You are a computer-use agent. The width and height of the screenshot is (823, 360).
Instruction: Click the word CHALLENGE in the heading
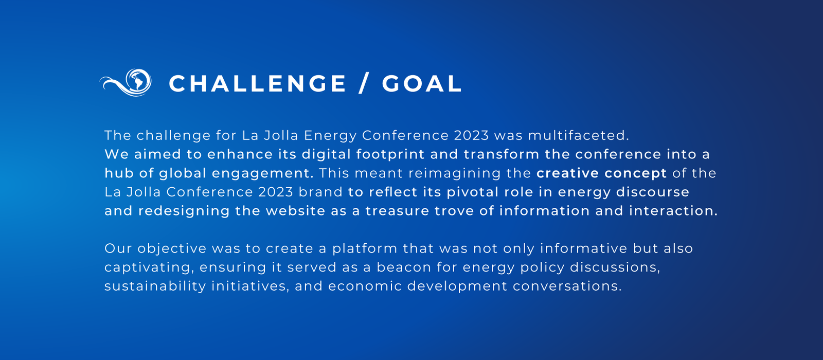click(257, 83)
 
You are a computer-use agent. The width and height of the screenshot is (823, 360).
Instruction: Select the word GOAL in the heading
click(422, 83)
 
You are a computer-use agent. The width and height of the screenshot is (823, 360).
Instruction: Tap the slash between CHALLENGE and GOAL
click(364, 83)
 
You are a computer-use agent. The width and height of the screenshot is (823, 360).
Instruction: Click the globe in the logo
click(138, 80)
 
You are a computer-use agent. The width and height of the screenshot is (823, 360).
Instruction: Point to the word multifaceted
click(578, 135)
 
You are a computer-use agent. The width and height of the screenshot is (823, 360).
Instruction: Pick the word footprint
click(390, 155)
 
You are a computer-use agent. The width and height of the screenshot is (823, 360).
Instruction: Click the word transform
click(502, 154)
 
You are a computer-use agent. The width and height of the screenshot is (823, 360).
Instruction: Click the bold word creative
click(568, 173)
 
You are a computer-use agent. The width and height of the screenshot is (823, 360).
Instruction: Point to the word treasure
click(397, 211)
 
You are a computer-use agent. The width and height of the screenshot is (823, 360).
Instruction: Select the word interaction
click(673, 211)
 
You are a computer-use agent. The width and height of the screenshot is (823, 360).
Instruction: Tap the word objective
click(172, 249)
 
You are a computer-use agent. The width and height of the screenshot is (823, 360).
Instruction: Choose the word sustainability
click(155, 286)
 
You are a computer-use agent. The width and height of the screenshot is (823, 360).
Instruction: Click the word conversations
click(567, 286)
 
